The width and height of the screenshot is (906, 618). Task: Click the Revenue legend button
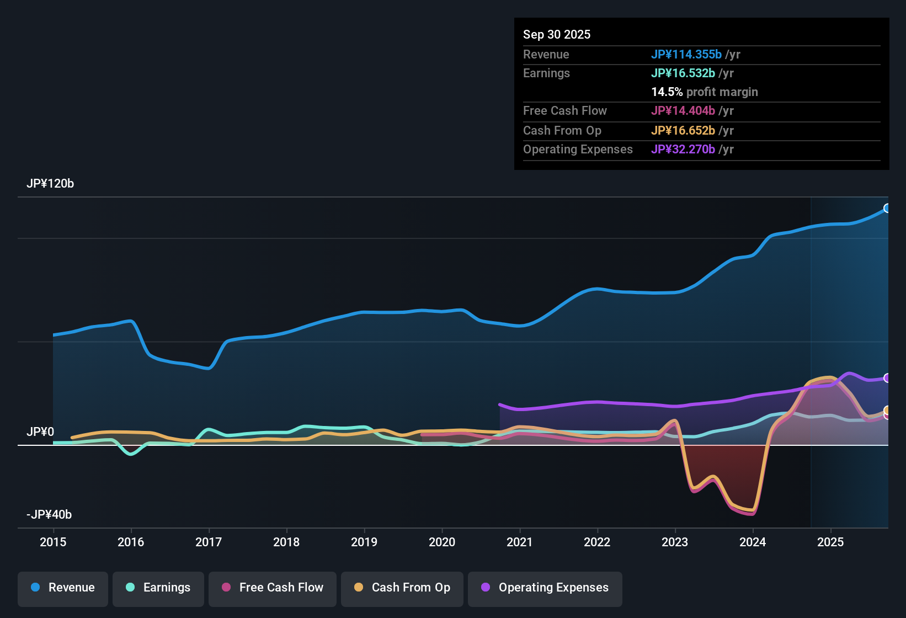pos(63,588)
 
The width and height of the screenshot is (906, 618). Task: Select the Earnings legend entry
pos(158,588)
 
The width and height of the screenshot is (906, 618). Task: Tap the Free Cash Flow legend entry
pos(273,588)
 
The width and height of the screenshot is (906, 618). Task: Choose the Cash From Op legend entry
pos(402,588)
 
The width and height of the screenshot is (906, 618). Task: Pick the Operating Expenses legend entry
pos(545,588)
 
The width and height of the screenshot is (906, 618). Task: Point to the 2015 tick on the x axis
pos(53,542)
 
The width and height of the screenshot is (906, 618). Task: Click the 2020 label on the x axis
pos(442,542)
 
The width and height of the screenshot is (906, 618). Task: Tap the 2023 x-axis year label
pos(675,542)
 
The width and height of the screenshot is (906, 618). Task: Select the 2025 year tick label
pos(830,542)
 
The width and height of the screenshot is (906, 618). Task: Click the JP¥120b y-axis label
pos(50,184)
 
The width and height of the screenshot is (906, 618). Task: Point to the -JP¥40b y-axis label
pos(49,515)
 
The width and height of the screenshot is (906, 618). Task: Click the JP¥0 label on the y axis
pos(40,432)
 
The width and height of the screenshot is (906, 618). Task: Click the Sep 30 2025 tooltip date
pos(557,34)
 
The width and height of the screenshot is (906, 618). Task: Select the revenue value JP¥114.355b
pos(686,54)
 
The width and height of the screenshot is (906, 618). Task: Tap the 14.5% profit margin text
pos(704,92)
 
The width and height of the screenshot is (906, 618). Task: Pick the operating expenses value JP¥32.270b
pos(683,150)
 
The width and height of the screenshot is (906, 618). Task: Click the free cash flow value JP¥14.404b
pos(683,111)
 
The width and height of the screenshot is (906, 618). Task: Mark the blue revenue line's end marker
pos(887,208)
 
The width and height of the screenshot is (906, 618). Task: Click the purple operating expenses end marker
pos(887,378)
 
